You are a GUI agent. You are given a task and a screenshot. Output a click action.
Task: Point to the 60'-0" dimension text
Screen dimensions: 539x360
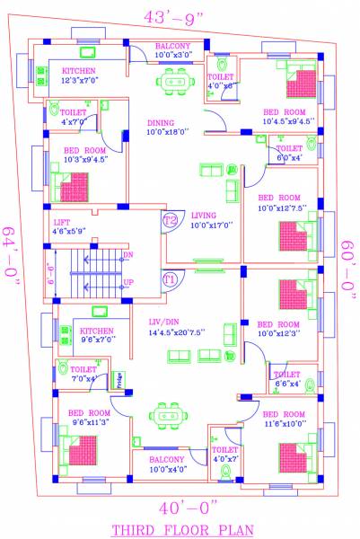(x=349, y=269)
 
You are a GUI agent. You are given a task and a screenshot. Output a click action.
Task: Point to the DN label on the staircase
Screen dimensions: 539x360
(x=127, y=255)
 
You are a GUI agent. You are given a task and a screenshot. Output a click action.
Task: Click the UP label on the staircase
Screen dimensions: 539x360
(x=127, y=282)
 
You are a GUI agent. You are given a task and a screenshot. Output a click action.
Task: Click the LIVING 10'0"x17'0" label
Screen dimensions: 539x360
(x=212, y=220)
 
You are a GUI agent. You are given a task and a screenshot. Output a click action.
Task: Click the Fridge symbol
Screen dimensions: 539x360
(x=117, y=378)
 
